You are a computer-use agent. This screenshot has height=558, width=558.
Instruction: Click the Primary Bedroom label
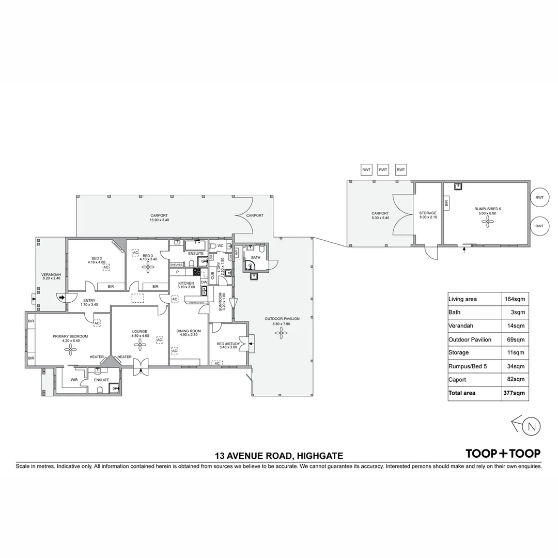70,336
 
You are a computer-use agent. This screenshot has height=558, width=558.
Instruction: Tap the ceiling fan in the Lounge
139,347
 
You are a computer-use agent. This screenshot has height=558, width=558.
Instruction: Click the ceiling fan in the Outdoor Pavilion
282,334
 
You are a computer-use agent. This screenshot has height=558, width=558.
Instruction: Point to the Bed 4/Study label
227,344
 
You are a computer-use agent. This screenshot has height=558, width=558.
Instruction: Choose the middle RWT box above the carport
383,169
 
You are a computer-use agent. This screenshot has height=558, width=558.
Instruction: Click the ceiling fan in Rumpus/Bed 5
488,221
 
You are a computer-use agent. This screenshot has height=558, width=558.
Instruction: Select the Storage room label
428,213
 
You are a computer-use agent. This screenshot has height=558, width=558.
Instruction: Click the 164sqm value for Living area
515,299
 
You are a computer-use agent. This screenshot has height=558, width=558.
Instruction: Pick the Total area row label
462,393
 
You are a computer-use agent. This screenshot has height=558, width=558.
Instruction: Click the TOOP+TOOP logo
503,454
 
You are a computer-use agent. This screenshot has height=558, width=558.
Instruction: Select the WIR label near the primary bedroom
74,380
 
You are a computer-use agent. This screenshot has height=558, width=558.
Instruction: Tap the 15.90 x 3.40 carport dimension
159,220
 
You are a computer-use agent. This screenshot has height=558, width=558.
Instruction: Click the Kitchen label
186,284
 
